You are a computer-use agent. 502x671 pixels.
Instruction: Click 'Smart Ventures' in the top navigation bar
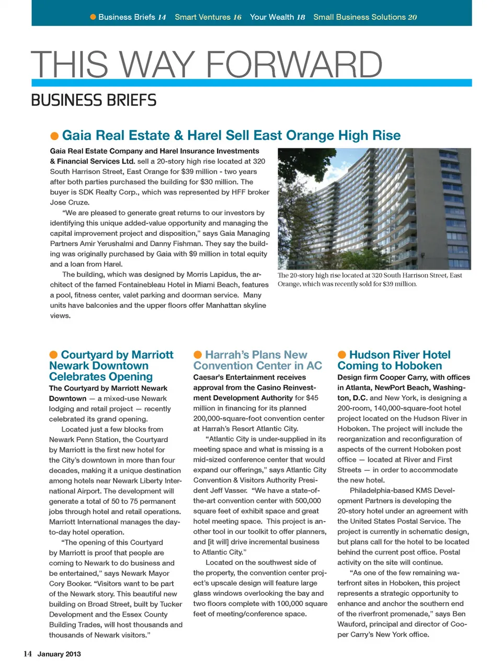tap(203, 17)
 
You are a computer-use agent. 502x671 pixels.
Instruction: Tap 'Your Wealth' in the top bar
tap(272, 17)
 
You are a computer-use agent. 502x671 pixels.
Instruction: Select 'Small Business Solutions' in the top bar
tap(359, 17)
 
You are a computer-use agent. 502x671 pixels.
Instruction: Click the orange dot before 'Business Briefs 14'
tap(93, 17)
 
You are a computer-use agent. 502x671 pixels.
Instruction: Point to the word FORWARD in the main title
tap(294, 64)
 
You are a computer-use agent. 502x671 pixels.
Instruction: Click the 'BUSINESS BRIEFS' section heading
tap(94, 100)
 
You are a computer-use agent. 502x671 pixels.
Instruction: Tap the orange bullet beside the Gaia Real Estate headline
tap(54, 136)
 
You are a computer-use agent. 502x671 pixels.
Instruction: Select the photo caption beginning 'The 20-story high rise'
tap(370, 280)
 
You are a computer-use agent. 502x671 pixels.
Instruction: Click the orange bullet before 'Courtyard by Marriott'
tap(53, 355)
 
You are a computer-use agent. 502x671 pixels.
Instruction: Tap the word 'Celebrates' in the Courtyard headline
tap(78, 377)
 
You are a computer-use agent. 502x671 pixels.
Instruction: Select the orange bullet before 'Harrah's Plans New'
tap(198, 355)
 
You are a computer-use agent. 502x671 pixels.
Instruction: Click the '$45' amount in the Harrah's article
tap(312, 398)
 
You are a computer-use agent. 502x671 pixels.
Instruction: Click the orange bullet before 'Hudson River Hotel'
tap(342, 355)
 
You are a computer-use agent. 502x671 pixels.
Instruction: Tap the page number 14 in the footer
tap(28, 654)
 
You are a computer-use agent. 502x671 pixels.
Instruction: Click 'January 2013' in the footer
tap(59, 654)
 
